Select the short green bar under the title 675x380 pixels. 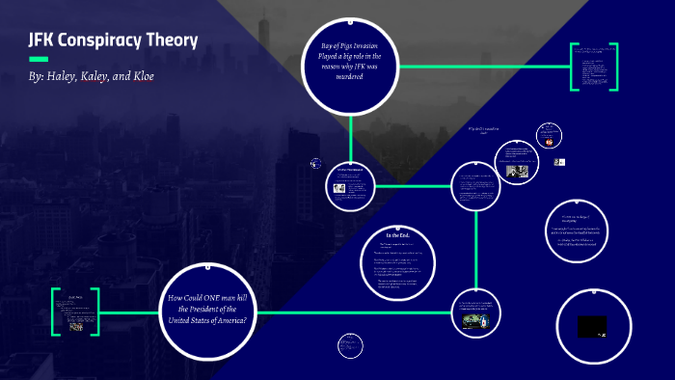(39, 60)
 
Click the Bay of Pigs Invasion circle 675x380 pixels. (350, 65)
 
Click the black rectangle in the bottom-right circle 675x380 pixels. (592, 327)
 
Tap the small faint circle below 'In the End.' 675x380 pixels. (350, 344)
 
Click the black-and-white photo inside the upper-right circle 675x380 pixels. (518, 171)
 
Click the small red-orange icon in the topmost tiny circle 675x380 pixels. (549, 141)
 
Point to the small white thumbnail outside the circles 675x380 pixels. (558, 162)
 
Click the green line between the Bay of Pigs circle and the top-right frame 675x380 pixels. (482, 67)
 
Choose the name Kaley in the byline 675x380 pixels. (107, 75)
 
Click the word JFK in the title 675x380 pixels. (44, 41)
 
